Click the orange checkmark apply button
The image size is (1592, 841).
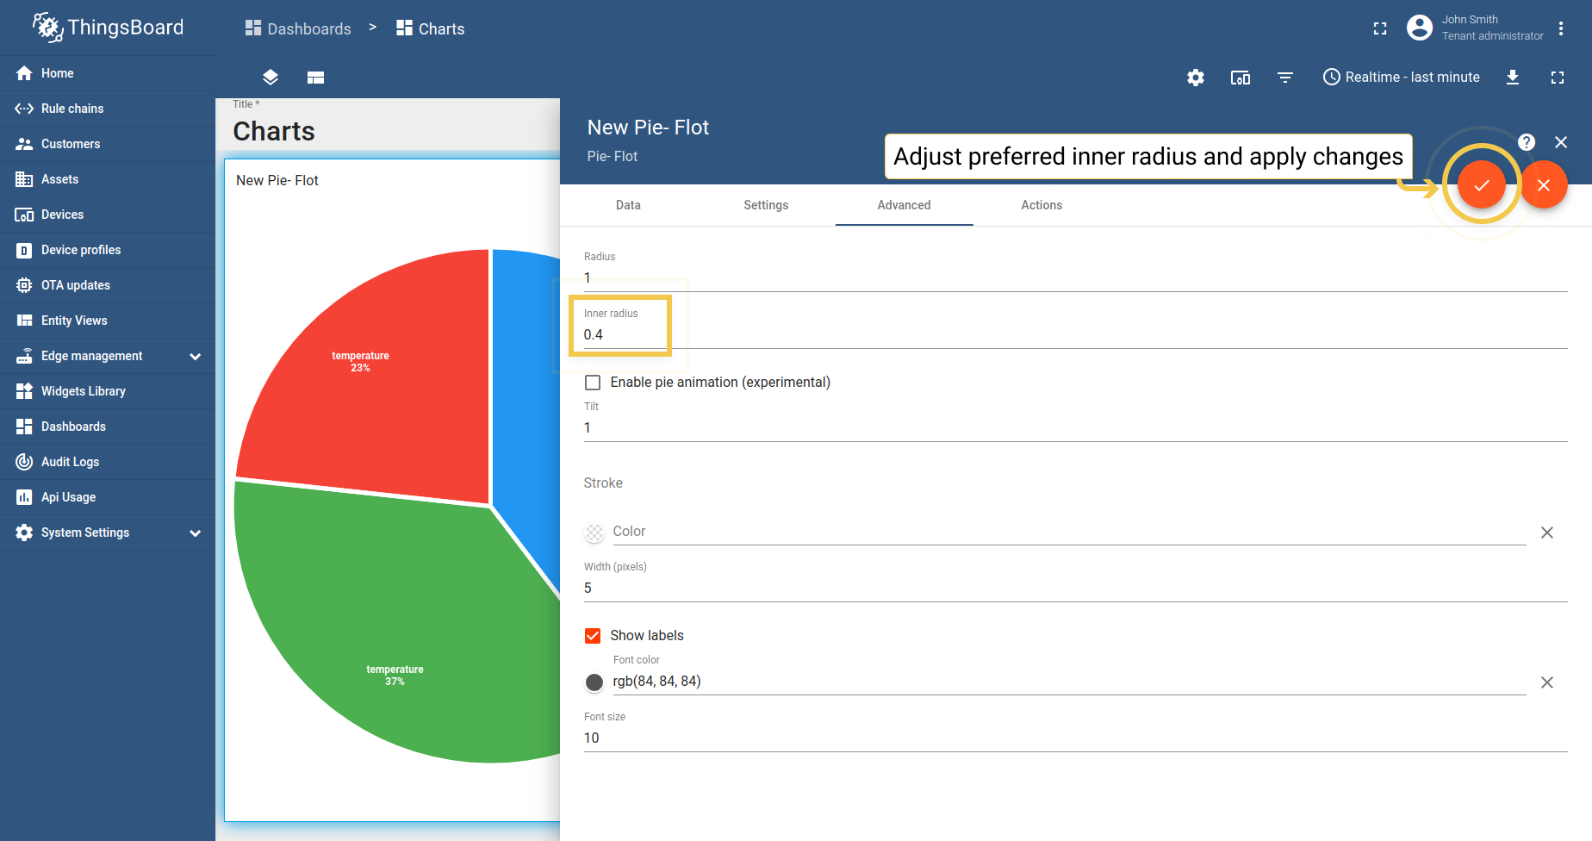(1481, 185)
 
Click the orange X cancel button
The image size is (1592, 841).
(1543, 185)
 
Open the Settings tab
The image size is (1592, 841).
(766, 205)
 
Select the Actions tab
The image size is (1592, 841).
(1041, 205)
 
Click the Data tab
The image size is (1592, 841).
(628, 205)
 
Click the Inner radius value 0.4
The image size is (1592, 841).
(594, 335)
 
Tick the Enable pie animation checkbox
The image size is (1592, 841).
(593, 383)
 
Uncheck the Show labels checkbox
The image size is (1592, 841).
(593, 636)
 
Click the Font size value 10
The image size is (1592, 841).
(592, 738)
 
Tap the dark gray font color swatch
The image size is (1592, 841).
(594, 682)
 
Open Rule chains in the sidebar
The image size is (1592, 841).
(72, 109)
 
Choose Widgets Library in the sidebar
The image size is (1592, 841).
(83, 391)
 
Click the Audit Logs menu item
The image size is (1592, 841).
(70, 462)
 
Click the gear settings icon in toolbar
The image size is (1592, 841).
(1196, 78)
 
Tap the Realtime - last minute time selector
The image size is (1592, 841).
(1402, 78)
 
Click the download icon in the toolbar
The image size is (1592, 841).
(1513, 78)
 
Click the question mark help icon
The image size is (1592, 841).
(1527, 142)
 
